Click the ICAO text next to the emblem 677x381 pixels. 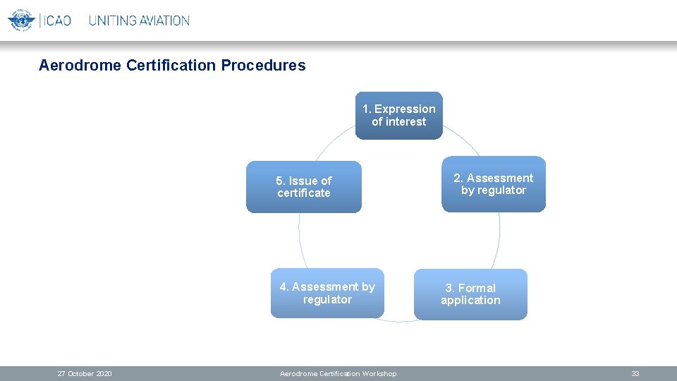[57, 20]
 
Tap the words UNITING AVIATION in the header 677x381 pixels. [139, 20]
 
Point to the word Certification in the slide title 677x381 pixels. [171, 66]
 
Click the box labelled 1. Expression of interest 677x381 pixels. [398, 116]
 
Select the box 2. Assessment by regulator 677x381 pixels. [494, 184]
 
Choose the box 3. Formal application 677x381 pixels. [470, 294]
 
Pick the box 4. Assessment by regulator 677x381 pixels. [327, 294]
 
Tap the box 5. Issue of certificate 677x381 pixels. [303, 187]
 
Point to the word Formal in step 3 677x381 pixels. [477, 288]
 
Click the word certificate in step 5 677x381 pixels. [303, 193]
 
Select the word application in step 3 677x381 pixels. [470, 301]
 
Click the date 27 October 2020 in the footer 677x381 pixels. [85, 374]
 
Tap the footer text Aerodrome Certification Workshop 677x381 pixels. [338, 374]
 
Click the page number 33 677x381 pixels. [635, 374]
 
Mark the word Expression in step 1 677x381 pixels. [405, 109]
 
